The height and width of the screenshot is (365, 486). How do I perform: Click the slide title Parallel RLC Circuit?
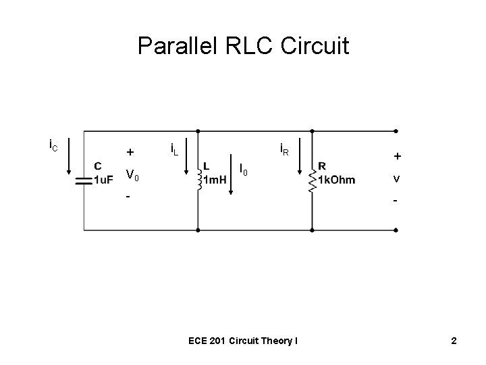click(243, 47)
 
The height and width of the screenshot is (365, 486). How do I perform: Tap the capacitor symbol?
click(83, 180)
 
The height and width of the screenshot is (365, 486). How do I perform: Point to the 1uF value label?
click(103, 180)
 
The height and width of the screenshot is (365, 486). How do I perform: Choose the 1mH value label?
click(215, 180)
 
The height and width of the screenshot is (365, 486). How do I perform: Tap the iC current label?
click(53, 145)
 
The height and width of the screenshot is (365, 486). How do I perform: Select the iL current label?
click(173, 148)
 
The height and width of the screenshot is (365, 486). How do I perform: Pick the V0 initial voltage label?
click(132, 176)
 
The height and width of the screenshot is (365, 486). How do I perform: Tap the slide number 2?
click(454, 341)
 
